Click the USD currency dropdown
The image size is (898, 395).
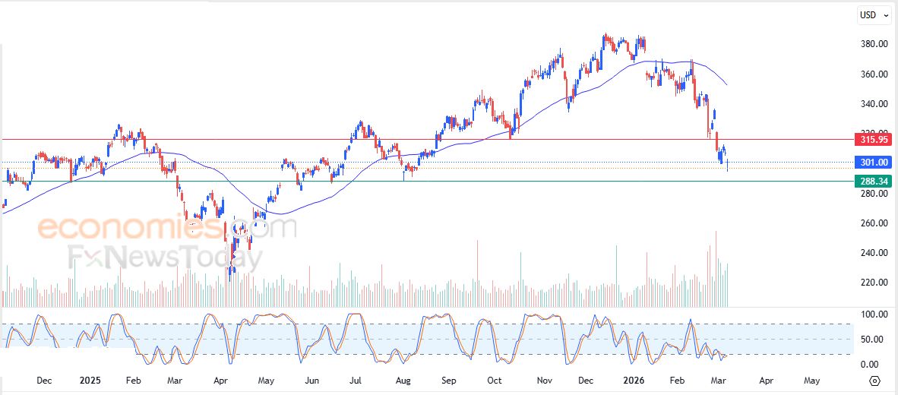(873, 15)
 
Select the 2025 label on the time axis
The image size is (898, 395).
(90, 381)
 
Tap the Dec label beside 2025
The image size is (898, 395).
(44, 381)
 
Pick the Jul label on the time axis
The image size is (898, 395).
(356, 381)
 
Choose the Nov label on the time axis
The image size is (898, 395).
(544, 381)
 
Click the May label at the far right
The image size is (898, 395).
(811, 381)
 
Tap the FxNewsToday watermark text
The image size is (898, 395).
(163, 258)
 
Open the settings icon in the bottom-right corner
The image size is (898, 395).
(874, 381)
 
